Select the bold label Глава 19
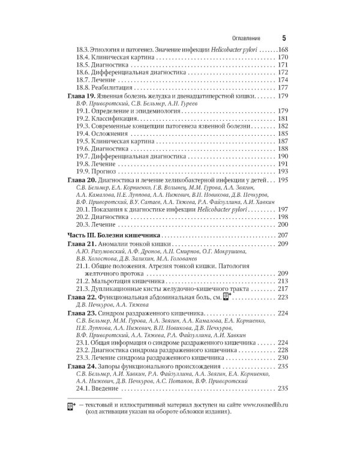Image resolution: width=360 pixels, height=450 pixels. pyautogui.click(x=80, y=96)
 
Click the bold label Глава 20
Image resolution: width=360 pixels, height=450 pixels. pyautogui.click(x=80, y=180)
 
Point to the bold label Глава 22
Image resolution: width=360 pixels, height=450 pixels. pyautogui.click(x=80, y=296)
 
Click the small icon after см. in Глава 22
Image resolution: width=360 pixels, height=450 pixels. pyautogui.click(x=226, y=296)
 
